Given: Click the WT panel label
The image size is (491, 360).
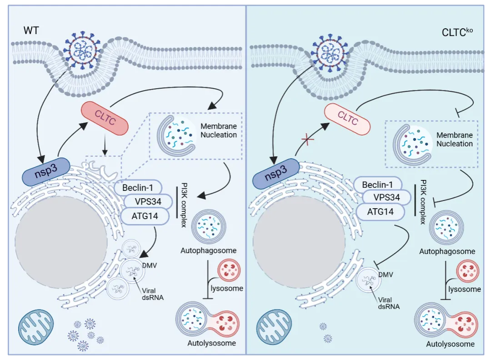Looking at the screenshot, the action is pyautogui.click(x=31, y=30).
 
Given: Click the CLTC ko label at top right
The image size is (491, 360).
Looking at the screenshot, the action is pyautogui.click(x=457, y=32).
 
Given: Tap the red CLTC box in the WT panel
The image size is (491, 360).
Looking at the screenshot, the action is pyautogui.click(x=105, y=118).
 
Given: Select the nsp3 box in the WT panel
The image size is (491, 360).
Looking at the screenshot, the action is pyautogui.click(x=46, y=171).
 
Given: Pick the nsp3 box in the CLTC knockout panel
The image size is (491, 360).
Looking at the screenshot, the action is pyautogui.click(x=276, y=174).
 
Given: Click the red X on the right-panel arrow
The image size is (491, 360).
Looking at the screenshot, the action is pyautogui.click(x=308, y=139).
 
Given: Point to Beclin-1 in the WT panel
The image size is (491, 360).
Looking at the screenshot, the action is pyautogui.click(x=138, y=188).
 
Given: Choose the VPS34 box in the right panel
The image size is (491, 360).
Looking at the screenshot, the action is pyautogui.click(x=386, y=197).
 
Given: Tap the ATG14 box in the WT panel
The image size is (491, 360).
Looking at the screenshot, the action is pyautogui.click(x=145, y=216).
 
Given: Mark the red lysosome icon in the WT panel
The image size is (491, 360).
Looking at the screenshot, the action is pyautogui.click(x=230, y=270).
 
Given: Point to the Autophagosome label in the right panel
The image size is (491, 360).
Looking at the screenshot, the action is pyautogui.click(x=447, y=251).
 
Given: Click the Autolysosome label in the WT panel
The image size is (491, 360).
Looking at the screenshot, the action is pyautogui.click(x=212, y=343).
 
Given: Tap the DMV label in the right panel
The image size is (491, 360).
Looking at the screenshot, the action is pyautogui.click(x=386, y=275).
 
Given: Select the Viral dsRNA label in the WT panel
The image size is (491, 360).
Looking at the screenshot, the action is pyautogui.click(x=153, y=294).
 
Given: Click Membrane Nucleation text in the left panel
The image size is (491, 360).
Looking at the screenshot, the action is pyautogui.click(x=219, y=130).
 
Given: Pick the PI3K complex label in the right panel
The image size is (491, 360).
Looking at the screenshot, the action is pyautogui.click(x=423, y=202).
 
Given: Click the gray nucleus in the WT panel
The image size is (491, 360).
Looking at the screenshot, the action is pyautogui.click(x=61, y=243).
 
